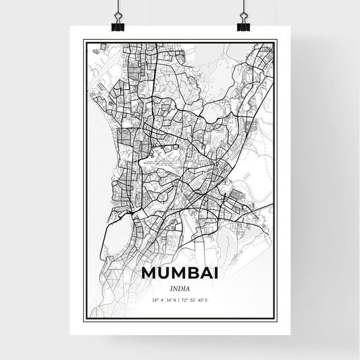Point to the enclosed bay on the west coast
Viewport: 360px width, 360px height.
click(x=118, y=230)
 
